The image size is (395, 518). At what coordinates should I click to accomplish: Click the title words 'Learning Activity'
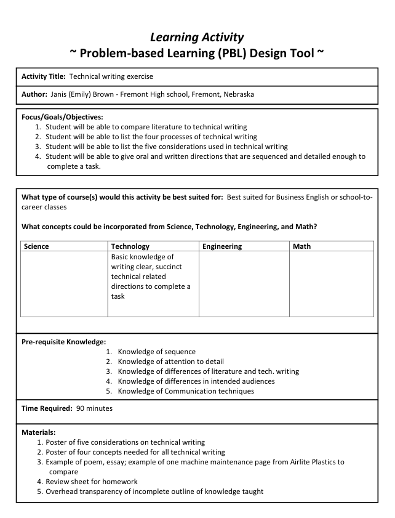[x=197, y=38]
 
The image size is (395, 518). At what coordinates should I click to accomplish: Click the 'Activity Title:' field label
[x=44, y=77]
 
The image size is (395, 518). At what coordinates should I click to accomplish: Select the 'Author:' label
[x=35, y=95]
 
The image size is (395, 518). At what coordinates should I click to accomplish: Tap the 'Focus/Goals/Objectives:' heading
[x=62, y=117]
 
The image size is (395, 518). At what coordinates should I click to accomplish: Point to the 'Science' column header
[x=36, y=246]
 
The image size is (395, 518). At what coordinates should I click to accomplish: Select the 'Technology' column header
[x=130, y=246]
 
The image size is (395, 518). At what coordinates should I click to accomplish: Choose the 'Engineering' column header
[x=222, y=246]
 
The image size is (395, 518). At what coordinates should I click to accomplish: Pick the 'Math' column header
[x=302, y=246]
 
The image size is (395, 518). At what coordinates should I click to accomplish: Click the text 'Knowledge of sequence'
[x=157, y=352]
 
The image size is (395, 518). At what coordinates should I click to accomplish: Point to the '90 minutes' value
[x=94, y=408]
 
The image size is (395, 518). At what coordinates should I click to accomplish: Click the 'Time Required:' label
[x=47, y=408]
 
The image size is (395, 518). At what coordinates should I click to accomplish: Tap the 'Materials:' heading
[x=39, y=432]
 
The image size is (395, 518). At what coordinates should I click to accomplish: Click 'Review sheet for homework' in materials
[x=92, y=482]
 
